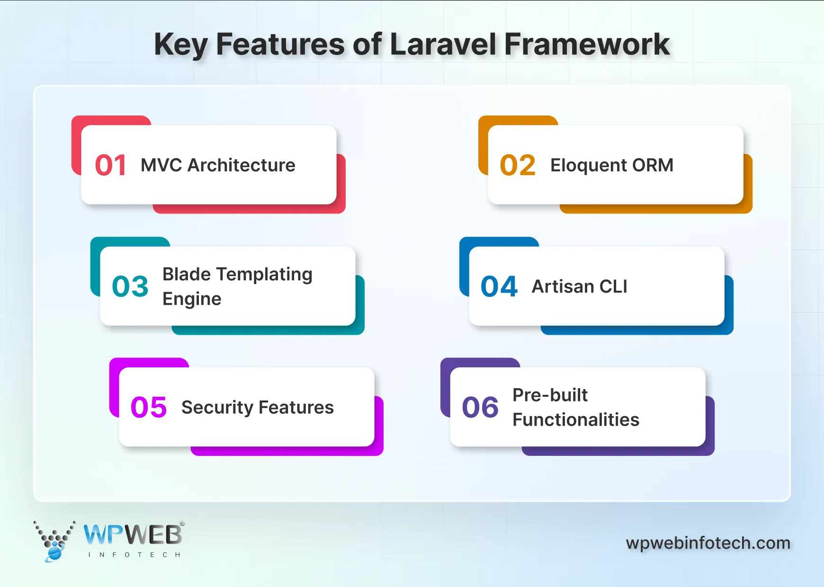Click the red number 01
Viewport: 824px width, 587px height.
[x=110, y=165]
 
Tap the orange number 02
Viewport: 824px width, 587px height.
[x=518, y=165]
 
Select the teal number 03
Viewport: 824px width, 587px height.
[x=130, y=286]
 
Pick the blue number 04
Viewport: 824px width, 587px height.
[x=499, y=286]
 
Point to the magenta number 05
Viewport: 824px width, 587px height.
[x=149, y=407]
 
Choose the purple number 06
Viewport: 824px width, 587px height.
[x=480, y=407]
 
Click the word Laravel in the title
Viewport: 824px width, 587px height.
[x=443, y=44]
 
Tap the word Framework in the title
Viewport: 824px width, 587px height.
[x=587, y=44]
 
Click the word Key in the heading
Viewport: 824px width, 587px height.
[x=180, y=45]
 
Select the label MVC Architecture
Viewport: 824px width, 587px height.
[x=218, y=165]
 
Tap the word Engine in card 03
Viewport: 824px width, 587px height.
[x=192, y=300]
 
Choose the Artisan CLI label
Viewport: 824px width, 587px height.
[x=579, y=286]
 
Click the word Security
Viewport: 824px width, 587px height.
[x=217, y=408]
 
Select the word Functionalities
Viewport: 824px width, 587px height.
[x=576, y=419]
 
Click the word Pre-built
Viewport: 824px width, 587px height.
[x=550, y=395]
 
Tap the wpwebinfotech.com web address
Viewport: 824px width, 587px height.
[x=708, y=543]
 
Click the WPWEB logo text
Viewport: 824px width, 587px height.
[x=133, y=535]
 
